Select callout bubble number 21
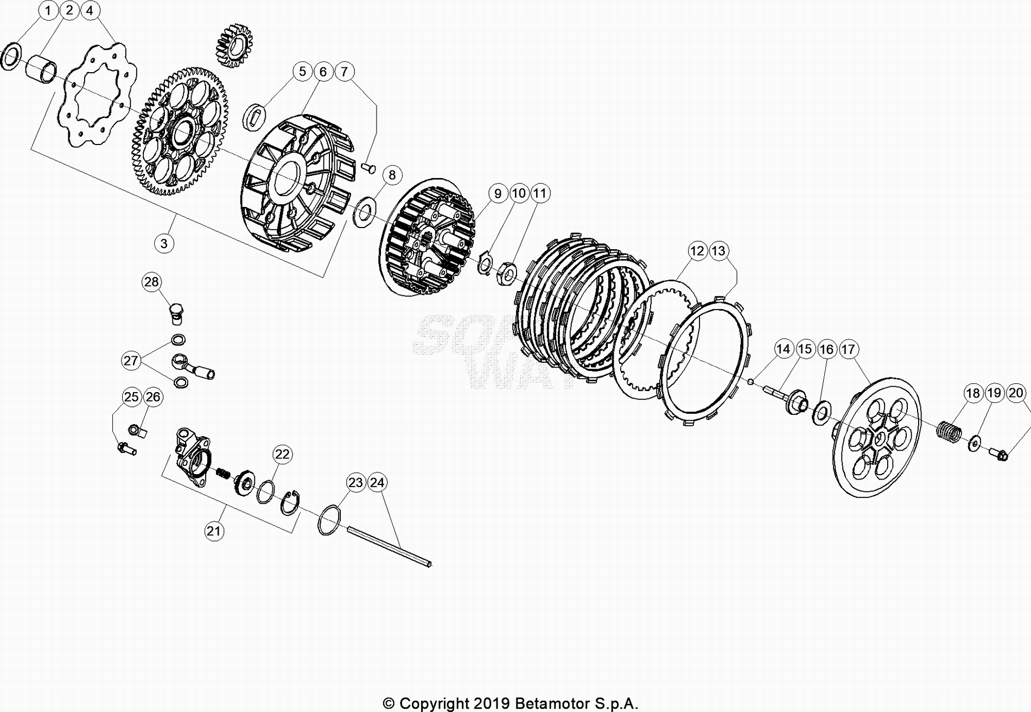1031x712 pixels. pyautogui.click(x=214, y=530)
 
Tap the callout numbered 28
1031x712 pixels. pyautogui.click(x=152, y=281)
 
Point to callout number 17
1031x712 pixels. pyautogui.click(x=848, y=349)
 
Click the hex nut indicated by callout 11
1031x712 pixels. pyautogui.click(x=507, y=273)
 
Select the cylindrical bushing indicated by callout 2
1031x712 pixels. pyautogui.click(x=42, y=68)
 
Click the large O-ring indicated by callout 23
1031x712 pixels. pyautogui.click(x=329, y=520)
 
